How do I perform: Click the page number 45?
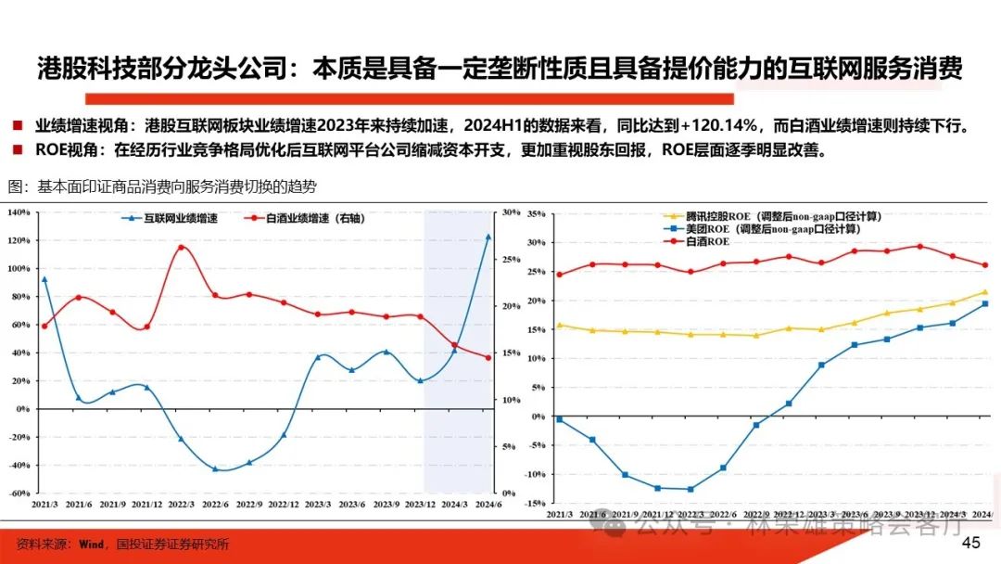tap(971, 543)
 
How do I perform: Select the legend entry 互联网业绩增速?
tap(184, 219)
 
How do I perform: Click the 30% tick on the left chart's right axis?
tap(510, 212)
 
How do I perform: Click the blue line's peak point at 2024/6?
tap(488, 237)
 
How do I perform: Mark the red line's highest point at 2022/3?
tap(181, 248)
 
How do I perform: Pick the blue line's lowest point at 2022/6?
tap(215, 469)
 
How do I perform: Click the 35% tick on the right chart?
tap(536, 214)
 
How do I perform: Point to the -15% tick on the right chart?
tap(534, 503)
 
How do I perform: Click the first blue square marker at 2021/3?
tap(559, 419)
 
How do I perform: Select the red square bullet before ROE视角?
tap(18, 149)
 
